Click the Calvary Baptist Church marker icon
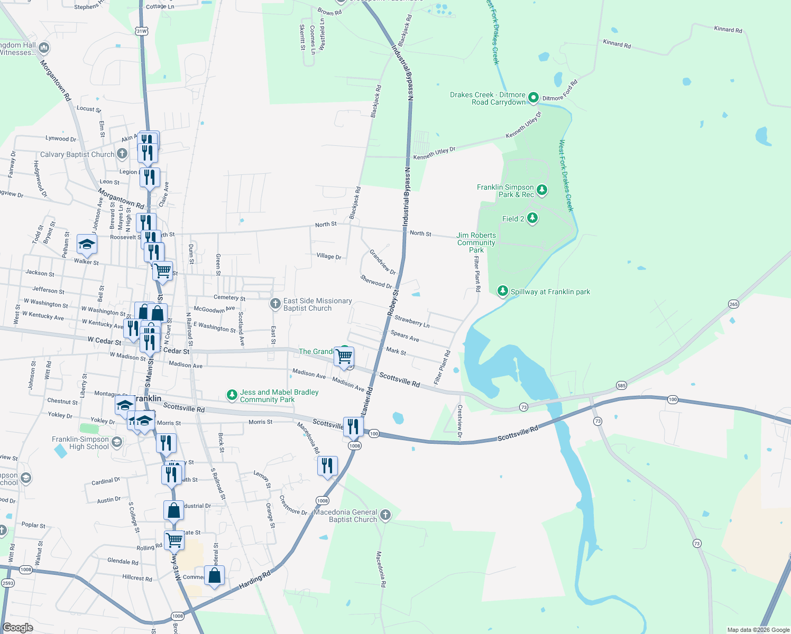click(122, 154)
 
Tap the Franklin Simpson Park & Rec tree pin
click(541, 190)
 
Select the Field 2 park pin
click(532, 218)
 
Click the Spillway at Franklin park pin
click(503, 291)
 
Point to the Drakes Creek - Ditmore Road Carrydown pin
click(534, 97)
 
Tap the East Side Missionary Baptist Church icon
click(275, 304)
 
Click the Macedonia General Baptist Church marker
click(385, 515)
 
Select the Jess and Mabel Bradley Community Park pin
click(232, 395)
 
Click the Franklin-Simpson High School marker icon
click(117, 442)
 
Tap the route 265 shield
click(733, 304)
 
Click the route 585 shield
click(621, 386)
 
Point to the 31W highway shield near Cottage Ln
click(141, 31)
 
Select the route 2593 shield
click(7, 583)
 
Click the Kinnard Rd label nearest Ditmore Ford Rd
click(617, 44)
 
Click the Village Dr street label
click(329, 256)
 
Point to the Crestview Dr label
click(459, 421)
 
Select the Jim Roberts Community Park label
click(476, 243)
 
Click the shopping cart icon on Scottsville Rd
click(344, 357)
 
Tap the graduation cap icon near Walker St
click(87, 244)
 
